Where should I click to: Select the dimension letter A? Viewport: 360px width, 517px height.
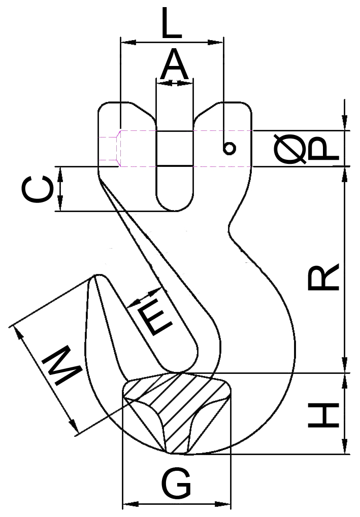[174, 67]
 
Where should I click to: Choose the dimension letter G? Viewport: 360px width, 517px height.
[176, 484]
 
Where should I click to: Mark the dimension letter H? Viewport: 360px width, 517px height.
[323, 414]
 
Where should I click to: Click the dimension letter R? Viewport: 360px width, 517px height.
[323, 277]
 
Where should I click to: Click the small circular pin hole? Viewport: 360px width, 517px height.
[229, 148]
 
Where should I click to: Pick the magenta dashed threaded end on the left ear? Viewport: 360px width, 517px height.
[109, 148]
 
